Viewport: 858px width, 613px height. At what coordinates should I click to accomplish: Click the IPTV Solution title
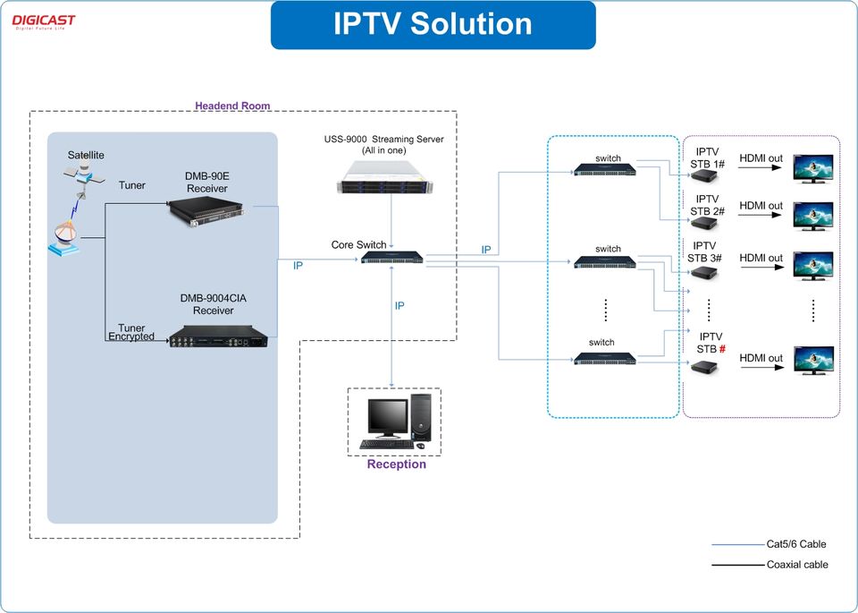(x=433, y=24)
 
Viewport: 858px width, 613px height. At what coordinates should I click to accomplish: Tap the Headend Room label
(x=232, y=106)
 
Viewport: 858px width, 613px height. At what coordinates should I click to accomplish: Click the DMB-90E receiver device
(x=208, y=211)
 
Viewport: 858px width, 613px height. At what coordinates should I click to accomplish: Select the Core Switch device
(x=392, y=259)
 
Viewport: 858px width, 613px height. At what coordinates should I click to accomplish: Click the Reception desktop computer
(x=394, y=421)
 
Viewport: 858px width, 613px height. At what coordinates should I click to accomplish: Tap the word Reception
(x=396, y=464)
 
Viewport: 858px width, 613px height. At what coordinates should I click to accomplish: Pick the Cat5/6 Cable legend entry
(x=795, y=544)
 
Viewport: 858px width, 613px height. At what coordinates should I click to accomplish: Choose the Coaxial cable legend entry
(x=796, y=565)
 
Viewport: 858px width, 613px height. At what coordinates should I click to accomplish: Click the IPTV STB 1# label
(x=707, y=158)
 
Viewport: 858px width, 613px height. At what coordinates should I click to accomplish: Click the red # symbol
(x=721, y=349)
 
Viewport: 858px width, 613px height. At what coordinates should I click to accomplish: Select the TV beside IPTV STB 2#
(x=813, y=216)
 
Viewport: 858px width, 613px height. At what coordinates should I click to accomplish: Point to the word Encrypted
(x=131, y=337)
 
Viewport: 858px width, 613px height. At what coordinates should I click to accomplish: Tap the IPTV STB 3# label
(x=704, y=251)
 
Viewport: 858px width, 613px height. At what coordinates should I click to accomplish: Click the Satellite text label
(x=86, y=155)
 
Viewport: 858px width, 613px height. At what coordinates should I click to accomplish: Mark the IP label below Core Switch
(x=400, y=306)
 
